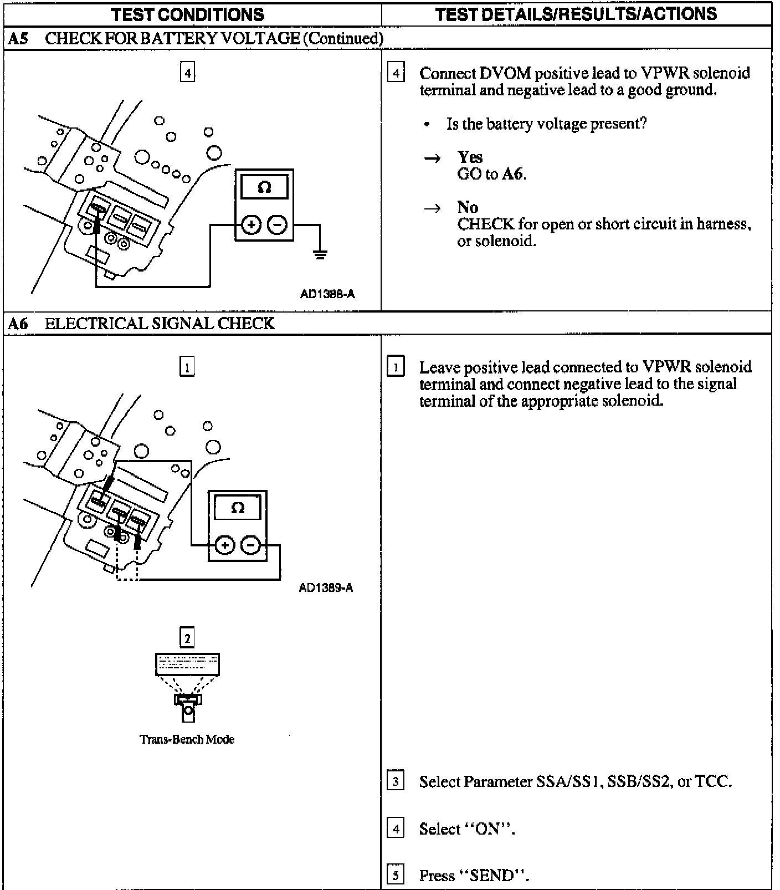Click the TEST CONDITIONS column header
(x=187, y=14)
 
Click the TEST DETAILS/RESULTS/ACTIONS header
(x=576, y=14)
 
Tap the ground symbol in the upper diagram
(x=320, y=254)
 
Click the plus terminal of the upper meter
(x=251, y=225)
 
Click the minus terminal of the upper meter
(x=278, y=225)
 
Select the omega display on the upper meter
(x=264, y=187)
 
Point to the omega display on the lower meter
(x=238, y=508)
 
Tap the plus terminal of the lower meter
(x=224, y=546)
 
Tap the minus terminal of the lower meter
(x=251, y=546)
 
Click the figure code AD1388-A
(x=327, y=294)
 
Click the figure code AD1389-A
(x=326, y=588)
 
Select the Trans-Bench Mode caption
(x=187, y=739)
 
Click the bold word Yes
(x=470, y=157)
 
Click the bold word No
(x=468, y=207)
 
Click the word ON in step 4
(x=489, y=829)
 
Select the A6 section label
(x=18, y=324)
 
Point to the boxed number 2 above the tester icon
(x=187, y=638)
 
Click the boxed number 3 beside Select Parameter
(x=395, y=781)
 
